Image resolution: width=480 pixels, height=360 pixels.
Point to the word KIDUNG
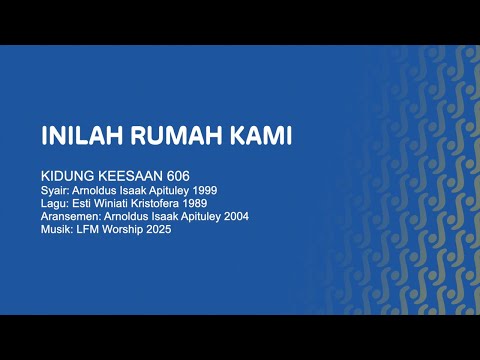66,173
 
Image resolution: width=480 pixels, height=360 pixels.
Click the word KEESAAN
133,173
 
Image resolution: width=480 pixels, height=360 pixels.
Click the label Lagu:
54,202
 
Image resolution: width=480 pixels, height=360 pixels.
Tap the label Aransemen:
68,215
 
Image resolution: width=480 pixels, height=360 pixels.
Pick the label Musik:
56,228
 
